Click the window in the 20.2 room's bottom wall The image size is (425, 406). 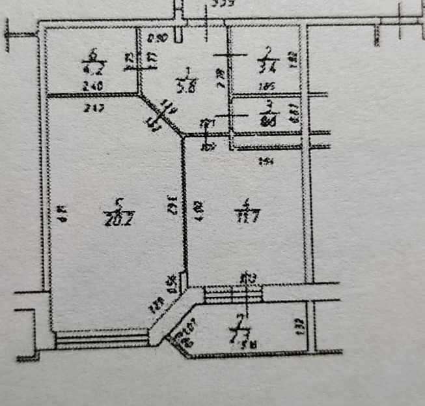pyautogui.click(x=102, y=339)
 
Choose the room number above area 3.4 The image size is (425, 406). pyautogui.click(x=267, y=50)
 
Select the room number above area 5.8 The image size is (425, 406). pyautogui.click(x=187, y=70)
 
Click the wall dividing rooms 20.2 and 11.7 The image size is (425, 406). pyautogui.click(x=184, y=209)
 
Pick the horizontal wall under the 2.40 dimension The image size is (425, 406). pyautogui.click(x=91, y=96)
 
